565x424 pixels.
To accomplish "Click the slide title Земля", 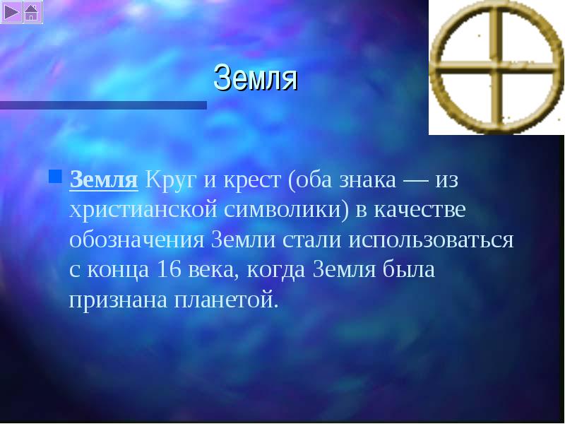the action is (x=256, y=78).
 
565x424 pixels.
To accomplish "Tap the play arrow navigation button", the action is (x=11, y=12).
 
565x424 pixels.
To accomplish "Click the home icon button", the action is (x=32, y=12).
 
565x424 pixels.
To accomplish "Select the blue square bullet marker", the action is (x=55, y=176).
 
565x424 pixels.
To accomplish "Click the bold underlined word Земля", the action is (x=104, y=179).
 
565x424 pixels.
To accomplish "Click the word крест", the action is (x=252, y=180).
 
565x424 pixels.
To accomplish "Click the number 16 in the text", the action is (x=169, y=270).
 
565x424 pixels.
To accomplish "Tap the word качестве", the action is (x=420, y=210).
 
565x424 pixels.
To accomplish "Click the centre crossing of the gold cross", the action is (x=496, y=67).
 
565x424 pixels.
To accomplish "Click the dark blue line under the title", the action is (x=103, y=105).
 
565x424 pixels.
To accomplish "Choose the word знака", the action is (x=367, y=180).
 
